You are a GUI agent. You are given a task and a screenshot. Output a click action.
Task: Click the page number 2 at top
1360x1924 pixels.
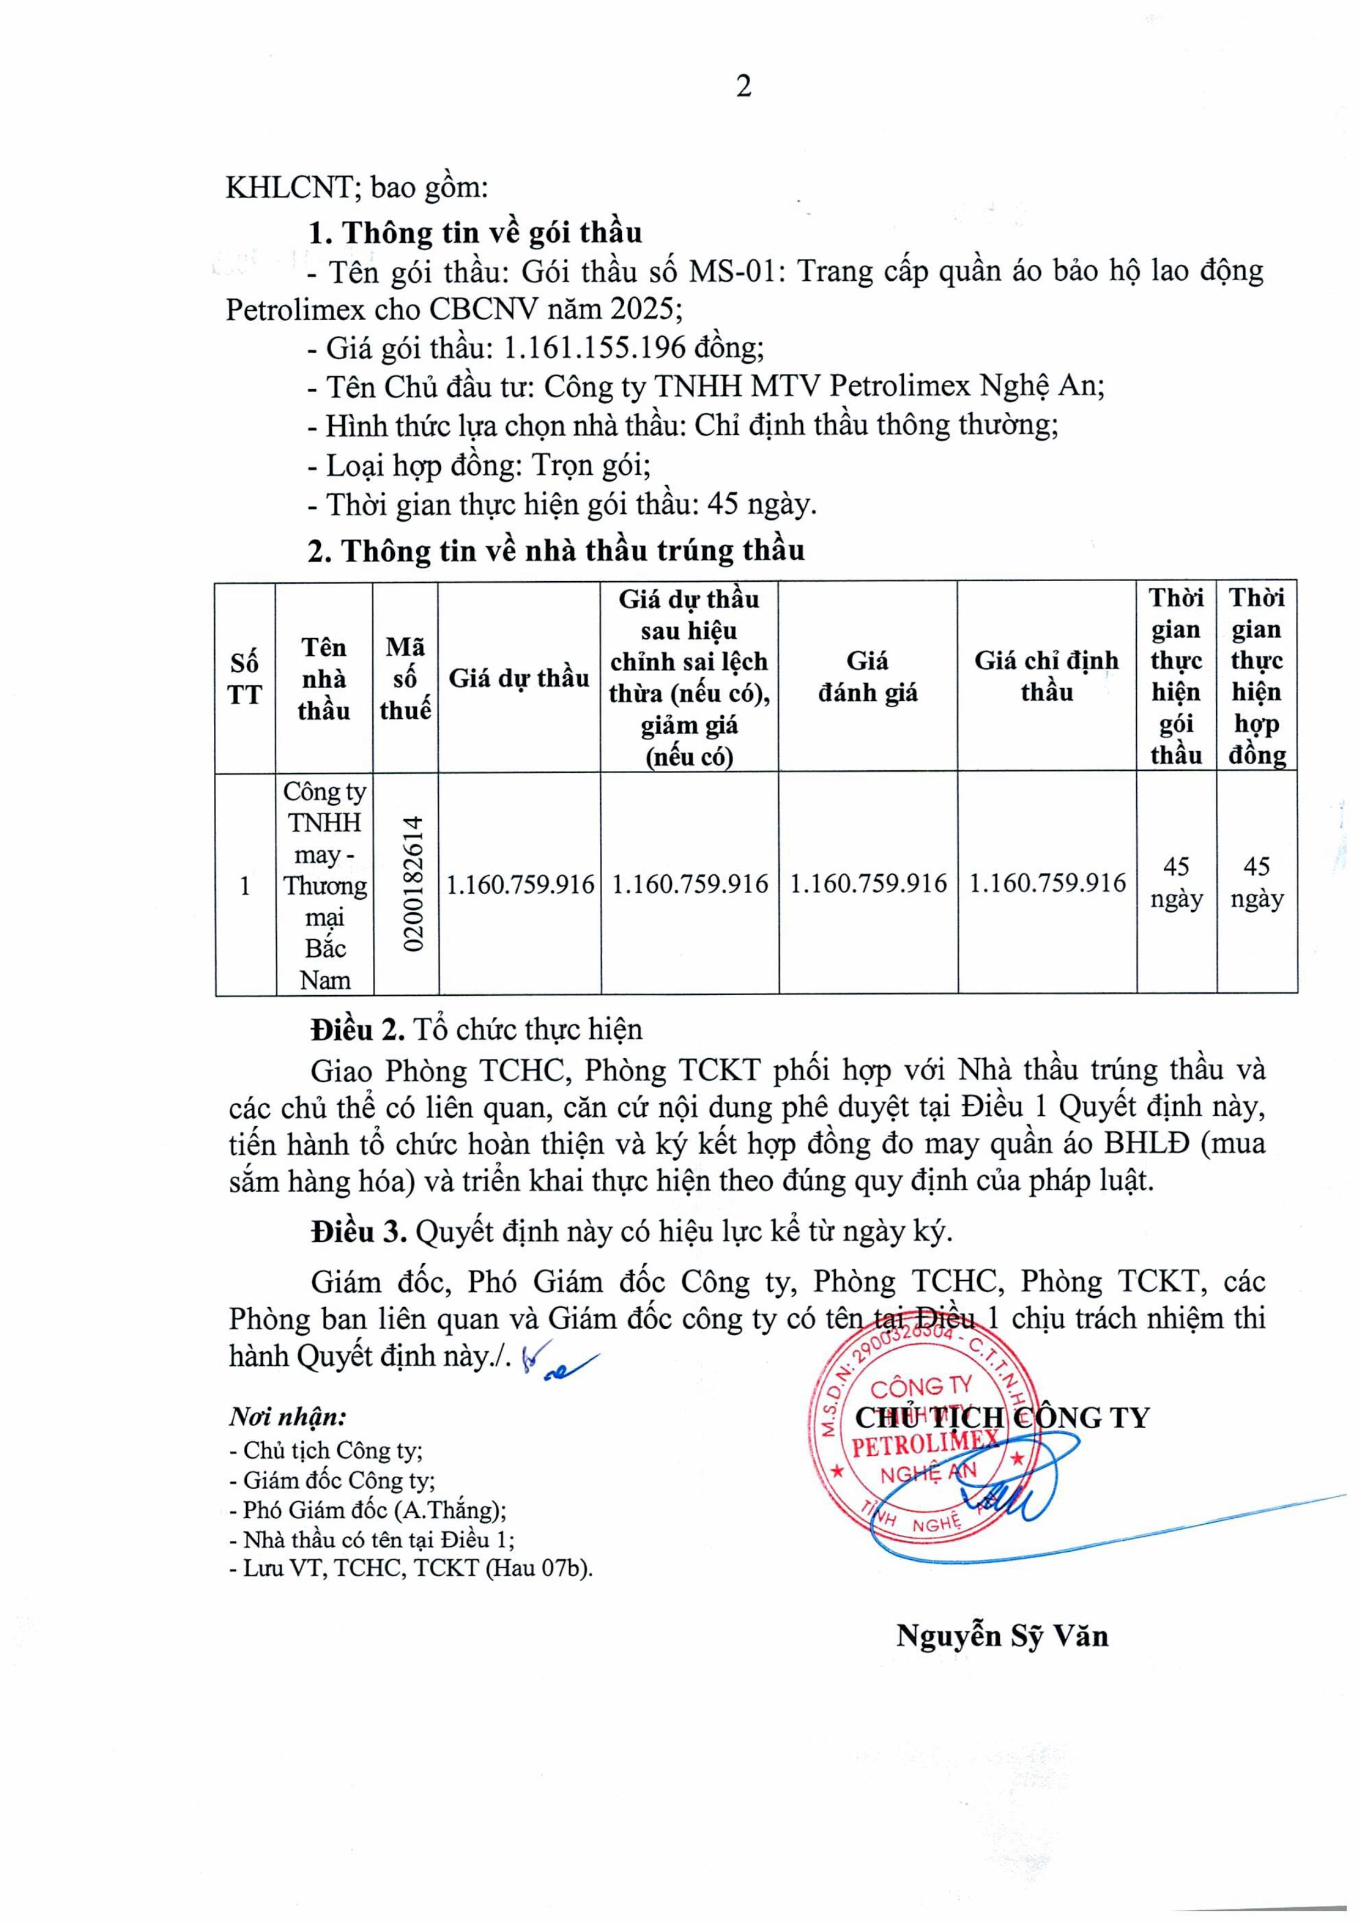coord(743,86)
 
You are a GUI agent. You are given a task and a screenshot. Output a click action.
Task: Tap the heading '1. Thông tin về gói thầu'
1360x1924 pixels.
coord(475,232)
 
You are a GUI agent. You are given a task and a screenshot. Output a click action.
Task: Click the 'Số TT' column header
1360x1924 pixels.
coord(245,679)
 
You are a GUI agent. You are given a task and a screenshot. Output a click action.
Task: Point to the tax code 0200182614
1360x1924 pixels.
coord(412,883)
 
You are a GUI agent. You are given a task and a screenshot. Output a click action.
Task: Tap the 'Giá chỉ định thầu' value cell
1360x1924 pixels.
coord(1047,883)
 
